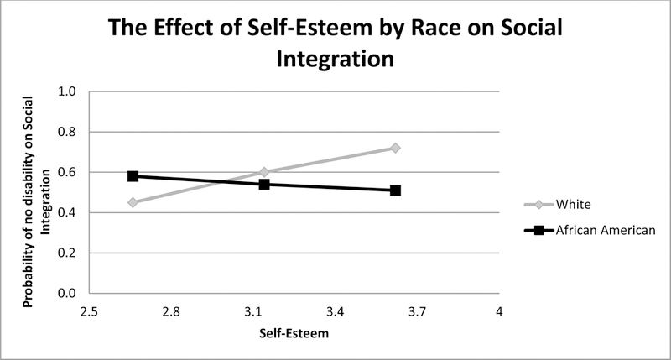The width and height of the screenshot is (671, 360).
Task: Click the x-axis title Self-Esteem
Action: coord(294,333)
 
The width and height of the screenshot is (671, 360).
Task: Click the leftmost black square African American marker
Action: coord(133,176)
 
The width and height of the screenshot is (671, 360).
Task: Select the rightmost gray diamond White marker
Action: coord(395,148)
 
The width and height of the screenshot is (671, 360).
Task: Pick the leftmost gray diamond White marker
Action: coord(133,202)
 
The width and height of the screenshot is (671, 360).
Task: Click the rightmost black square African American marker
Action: coord(395,190)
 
